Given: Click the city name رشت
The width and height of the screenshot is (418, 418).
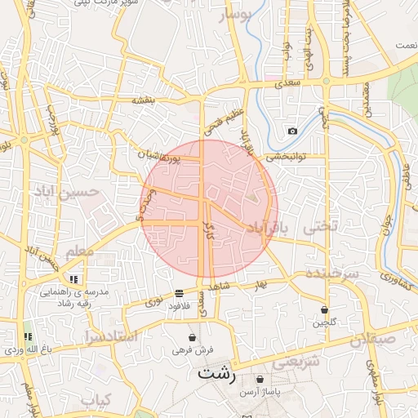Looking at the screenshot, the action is click(216, 376).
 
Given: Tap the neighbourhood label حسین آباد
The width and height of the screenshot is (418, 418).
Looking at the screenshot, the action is click(67, 192).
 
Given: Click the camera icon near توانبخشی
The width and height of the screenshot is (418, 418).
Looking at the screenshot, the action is click(292, 131).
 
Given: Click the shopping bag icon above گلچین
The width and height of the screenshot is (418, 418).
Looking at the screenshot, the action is click(325, 309).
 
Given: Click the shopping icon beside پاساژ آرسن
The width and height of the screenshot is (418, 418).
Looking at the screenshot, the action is click(260, 380).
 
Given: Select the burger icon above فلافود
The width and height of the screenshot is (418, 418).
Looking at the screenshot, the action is click(179, 293).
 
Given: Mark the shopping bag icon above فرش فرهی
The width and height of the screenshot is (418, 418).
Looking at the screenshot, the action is click(193, 336).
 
